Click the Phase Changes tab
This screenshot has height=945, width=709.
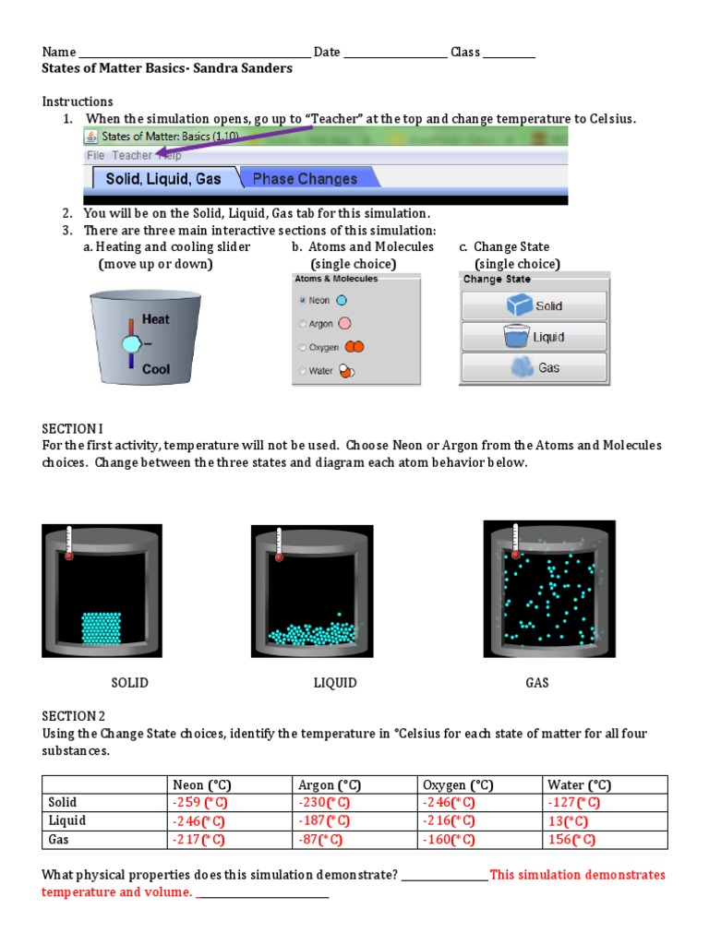pos(304,178)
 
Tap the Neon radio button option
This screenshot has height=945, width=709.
pos(302,300)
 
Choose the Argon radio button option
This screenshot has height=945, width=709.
pos(302,324)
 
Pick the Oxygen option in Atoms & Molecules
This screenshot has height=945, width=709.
pos(302,348)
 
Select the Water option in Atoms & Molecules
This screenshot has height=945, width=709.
pos(302,371)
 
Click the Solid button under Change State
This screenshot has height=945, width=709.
pos(534,306)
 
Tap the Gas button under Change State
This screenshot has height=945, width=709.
pos(534,367)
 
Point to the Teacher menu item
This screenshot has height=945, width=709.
pos(132,156)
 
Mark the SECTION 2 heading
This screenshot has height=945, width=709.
pos(69,716)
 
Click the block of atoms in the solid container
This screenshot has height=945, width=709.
pos(102,628)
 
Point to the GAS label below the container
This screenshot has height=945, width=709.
pos(537,683)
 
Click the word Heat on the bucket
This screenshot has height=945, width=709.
pos(156,320)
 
